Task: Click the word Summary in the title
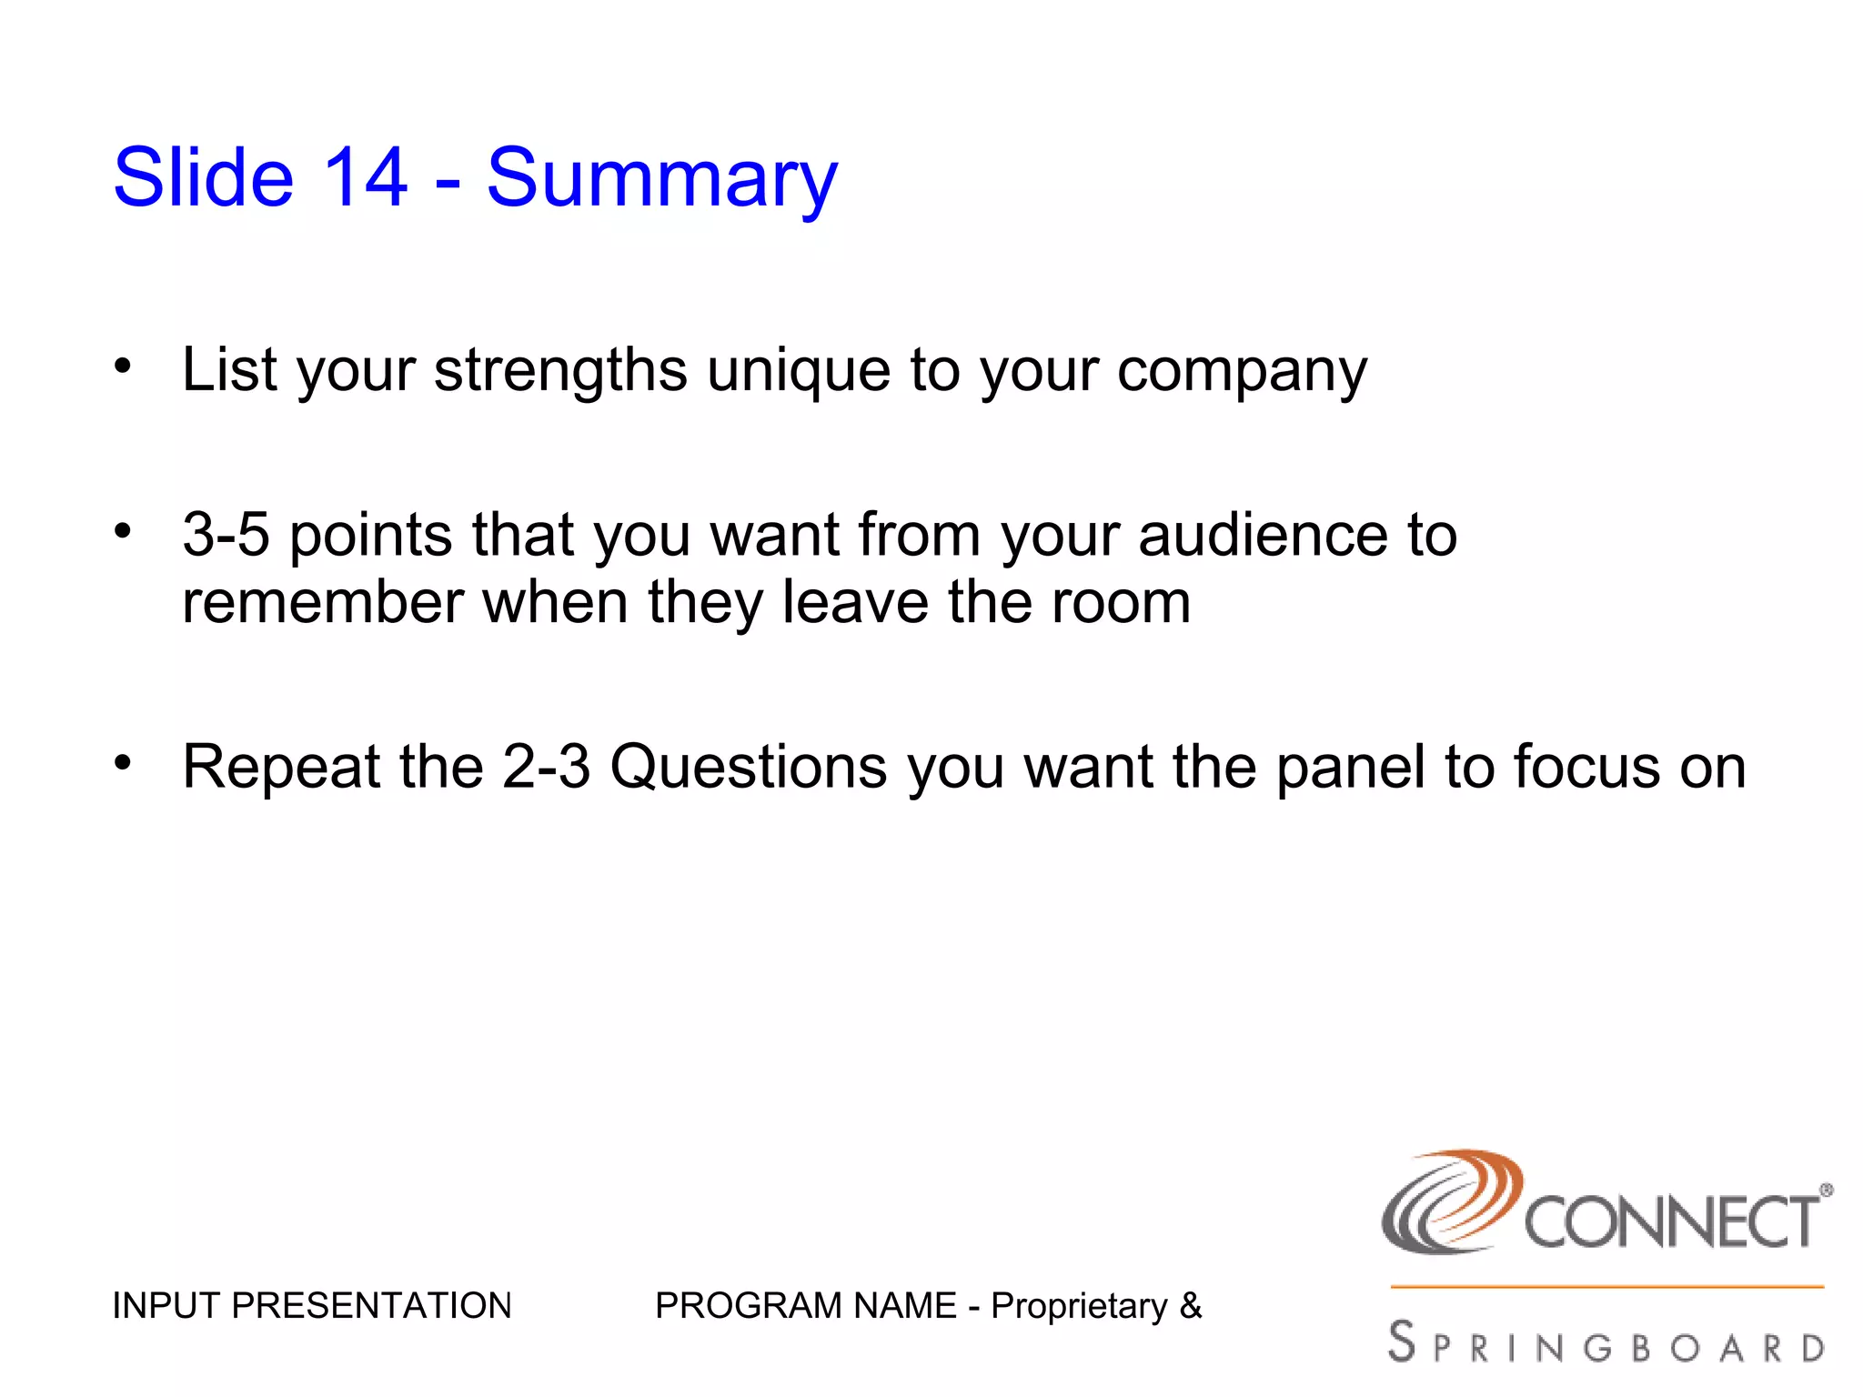pyautogui.click(x=661, y=179)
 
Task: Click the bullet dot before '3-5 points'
pyautogui.click(x=123, y=530)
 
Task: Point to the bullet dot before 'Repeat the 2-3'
pyautogui.click(x=123, y=762)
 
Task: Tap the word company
pyautogui.click(x=1242, y=373)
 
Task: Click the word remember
pyautogui.click(x=322, y=602)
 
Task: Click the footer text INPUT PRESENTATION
pyautogui.click(x=311, y=1306)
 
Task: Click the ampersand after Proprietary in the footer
pyautogui.click(x=1190, y=1306)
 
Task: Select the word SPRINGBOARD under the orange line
pyautogui.click(x=1606, y=1344)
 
